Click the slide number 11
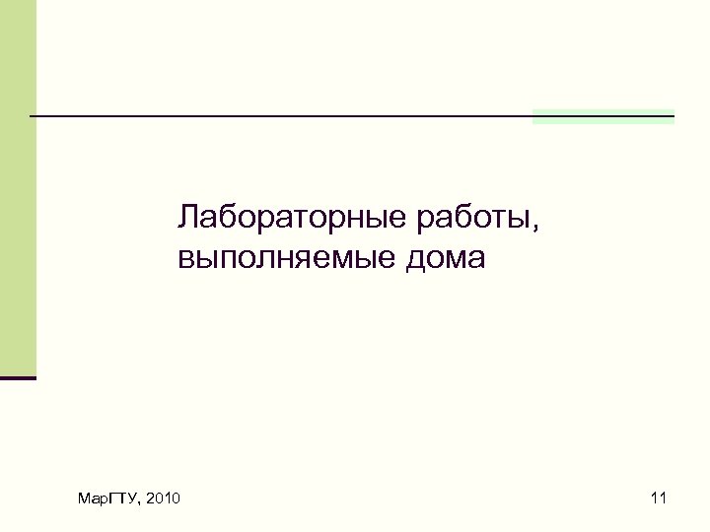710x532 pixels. pyautogui.click(x=659, y=500)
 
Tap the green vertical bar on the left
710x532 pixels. pyautogui.click(x=18, y=187)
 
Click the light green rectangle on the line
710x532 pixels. pyautogui.click(x=603, y=117)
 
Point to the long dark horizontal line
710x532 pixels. pyautogui.click(x=296, y=116)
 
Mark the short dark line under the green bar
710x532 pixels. pyautogui.click(x=18, y=377)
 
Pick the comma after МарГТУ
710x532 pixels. pyautogui.click(x=138, y=504)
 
